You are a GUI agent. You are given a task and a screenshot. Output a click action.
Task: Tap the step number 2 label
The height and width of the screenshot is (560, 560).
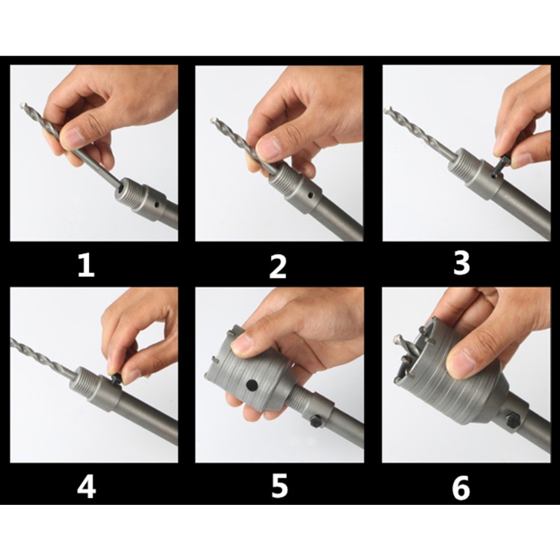278,267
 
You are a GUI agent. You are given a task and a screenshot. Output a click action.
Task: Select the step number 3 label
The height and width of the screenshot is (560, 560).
462,263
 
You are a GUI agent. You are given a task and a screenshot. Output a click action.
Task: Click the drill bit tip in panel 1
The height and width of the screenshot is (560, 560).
22,106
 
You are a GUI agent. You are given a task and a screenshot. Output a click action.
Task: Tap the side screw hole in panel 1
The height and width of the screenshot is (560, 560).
155,206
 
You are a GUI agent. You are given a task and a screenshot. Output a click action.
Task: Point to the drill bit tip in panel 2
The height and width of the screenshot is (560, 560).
214,120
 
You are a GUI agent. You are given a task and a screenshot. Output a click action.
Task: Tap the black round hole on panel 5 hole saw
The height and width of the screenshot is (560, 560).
252,385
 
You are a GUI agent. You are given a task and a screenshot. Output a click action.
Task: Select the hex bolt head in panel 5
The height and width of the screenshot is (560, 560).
317,421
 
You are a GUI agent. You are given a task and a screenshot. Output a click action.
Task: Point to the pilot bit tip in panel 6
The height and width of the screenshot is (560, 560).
398,338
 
